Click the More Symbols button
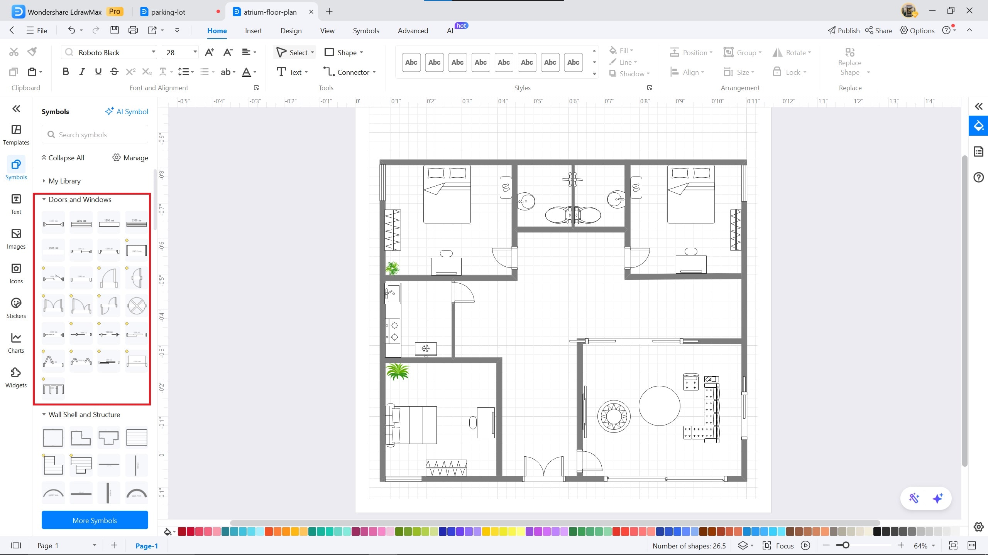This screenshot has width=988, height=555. [x=95, y=520]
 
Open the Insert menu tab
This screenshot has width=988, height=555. [x=253, y=31]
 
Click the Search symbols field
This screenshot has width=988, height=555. [x=95, y=135]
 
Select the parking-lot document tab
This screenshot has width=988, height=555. [x=168, y=12]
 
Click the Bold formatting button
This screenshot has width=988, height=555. [x=66, y=72]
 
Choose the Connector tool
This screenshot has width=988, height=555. [x=349, y=72]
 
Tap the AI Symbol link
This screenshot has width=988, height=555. [x=127, y=111]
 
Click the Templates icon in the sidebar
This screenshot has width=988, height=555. [x=16, y=135]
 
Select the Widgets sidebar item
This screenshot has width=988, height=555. [x=16, y=377]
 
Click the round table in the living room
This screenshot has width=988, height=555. [x=659, y=406]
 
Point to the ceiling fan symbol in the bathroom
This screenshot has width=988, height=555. [x=572, y=179]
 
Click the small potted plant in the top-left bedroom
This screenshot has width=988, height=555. [x=392, y=268]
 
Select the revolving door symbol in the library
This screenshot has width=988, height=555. [x=137, y=306]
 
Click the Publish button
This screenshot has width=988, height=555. [x=844, y=31]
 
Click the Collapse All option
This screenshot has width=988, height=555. [x=63, y=158]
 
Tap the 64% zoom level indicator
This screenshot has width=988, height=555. [x=920, y=546]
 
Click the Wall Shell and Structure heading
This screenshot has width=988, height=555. [x=84, y=415]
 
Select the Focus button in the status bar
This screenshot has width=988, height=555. [x=778, y=546]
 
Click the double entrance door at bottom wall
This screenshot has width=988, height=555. [x=543, y=468]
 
